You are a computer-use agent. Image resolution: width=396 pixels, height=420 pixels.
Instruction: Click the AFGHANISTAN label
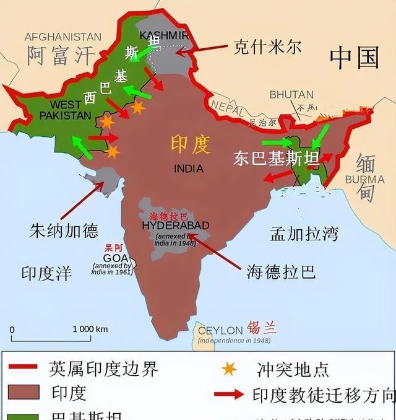(x=62, y=37)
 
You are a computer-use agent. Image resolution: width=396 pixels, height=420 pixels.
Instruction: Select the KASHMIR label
(x=164, y=35)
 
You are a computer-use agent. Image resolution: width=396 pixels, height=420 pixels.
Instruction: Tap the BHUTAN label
(x=291, y=95)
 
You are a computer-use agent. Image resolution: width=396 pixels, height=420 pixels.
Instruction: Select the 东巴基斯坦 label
(x=276, y=158)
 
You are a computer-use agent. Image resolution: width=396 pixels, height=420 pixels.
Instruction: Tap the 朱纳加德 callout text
(x=64, y=231)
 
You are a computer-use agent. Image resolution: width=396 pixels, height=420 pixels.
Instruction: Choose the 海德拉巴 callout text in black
(x=281, y=271)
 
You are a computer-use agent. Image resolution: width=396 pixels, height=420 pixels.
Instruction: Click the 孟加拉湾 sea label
(x=304, y=234)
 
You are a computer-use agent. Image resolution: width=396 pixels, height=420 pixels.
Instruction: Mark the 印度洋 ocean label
(x=46, y=273)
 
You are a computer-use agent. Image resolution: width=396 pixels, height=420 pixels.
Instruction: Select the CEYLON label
(x=220, y=331)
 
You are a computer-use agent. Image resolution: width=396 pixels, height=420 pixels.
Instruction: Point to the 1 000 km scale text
(x=90, y=329)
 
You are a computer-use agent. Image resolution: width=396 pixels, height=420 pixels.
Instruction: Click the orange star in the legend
(x=229, y=369)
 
